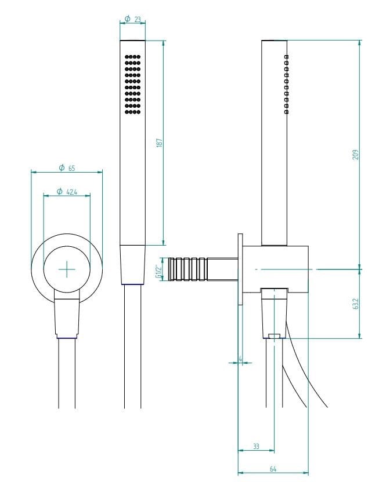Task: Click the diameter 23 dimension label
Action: tap(133, 20)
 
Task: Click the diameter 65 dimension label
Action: tap(67, 168)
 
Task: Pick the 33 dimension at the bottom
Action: tap(256, 446)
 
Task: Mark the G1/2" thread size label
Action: tap(158, 270)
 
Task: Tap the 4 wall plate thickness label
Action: tap(240, 359)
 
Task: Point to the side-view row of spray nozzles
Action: tap(286, 84)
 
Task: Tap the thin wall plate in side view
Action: tap(239, 270)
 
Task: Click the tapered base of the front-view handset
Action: tap(133, 265)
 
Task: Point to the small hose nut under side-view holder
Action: tap(274, 335)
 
